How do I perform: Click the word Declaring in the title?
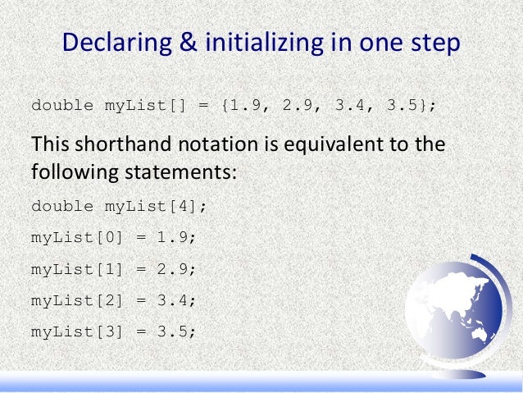[115, 43]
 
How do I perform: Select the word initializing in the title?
[259, 43]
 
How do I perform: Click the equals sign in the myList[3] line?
[140, 331]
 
